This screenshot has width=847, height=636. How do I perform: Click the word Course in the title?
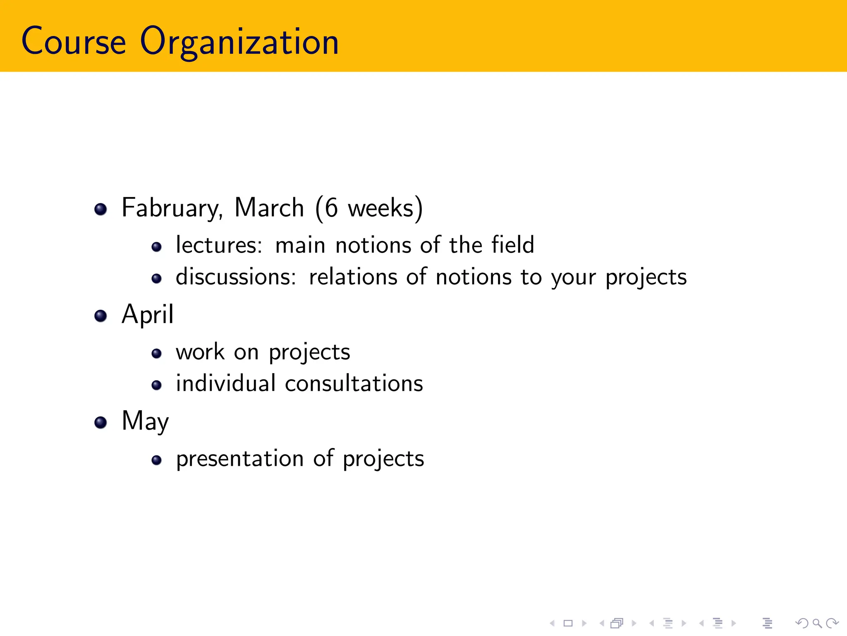[x=74, y=41]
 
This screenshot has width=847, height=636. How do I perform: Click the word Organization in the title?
[x=239, y=41]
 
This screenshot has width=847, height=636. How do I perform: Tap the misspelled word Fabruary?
[x=172, y=208]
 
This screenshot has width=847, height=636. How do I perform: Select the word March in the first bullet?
[x=269, y=208]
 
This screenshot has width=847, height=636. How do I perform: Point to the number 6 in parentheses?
[x=331, y=208]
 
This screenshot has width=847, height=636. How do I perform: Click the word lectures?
[x=219, y=245]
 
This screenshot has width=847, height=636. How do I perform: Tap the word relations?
[x=353, y=277]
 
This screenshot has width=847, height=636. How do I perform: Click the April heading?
[x=148, y=315]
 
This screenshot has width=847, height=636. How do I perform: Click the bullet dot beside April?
[x=100, y=316]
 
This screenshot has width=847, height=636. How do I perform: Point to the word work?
[x=200, y=352]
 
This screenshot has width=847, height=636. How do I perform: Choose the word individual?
[x=226, y=383]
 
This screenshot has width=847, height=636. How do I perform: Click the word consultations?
[x=354, y=383]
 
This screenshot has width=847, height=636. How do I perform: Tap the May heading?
[x=145, y=422]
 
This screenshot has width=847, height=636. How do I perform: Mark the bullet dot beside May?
[x=100, y=423]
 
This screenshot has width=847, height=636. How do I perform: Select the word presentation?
[x=240, y=459]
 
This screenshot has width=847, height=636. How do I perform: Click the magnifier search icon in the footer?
[x=817, y=623]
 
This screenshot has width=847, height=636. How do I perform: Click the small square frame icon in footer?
[x=568, y=623]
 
